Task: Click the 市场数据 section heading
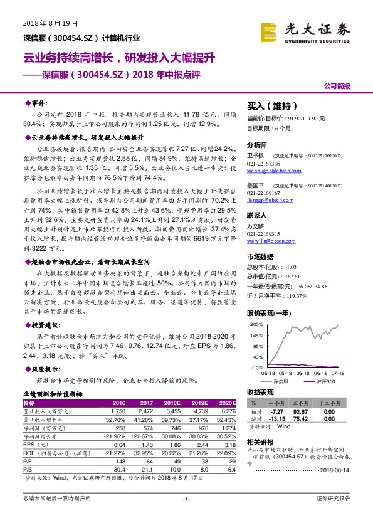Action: click(x=260, y=256)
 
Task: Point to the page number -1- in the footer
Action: click(x=186, y=516)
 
